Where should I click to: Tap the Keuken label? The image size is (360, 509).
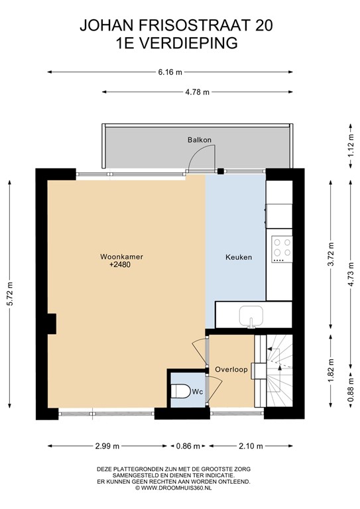click(239, 257)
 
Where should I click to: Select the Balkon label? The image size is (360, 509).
click(199, 140)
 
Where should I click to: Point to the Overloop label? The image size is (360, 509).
click(231, 369)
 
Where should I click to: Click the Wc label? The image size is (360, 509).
click(197, 392)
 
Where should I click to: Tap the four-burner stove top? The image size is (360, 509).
click(282, 247)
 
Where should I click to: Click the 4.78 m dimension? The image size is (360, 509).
click(197, 92)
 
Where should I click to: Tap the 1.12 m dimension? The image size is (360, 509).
click(351, 144)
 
